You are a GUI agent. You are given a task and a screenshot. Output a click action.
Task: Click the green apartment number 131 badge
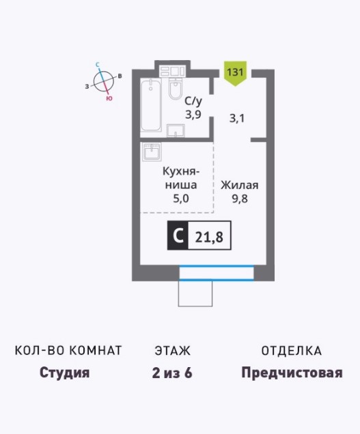coord(235,73)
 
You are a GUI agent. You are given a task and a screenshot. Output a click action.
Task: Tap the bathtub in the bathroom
coord(151,105)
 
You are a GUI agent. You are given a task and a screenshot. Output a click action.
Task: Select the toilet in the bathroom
coord(176,89)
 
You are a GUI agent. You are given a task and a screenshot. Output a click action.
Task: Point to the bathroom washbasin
coord(176,130)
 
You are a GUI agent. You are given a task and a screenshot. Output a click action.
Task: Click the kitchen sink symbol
coord(152,151)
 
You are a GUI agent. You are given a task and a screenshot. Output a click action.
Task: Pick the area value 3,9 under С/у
coord(193,114)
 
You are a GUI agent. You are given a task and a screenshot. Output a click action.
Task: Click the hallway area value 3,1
coord(237,119)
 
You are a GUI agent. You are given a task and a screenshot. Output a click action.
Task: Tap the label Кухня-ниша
coord(181,178)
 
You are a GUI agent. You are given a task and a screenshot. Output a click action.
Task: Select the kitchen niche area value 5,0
coord(181,199)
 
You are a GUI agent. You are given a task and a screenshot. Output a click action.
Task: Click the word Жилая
coord(240,185)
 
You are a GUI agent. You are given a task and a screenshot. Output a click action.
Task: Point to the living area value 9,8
coord(240,199)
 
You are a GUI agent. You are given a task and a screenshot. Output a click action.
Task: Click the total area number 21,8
coord(209,237)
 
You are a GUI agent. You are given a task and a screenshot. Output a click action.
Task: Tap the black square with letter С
coord(178,235)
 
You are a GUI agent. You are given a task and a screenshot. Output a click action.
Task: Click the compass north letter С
coord(98,65)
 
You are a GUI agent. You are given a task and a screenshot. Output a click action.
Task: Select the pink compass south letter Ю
coord(109,98)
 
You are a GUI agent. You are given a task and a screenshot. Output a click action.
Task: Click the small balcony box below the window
coord(195,293)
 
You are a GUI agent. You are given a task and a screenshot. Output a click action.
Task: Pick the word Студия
coord(65,373)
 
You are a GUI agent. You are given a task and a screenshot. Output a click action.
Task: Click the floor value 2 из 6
coord(172,373)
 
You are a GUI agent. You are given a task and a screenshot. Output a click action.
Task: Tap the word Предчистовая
coord(292,373)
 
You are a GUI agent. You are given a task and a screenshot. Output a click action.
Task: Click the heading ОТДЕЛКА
coord(292,351)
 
